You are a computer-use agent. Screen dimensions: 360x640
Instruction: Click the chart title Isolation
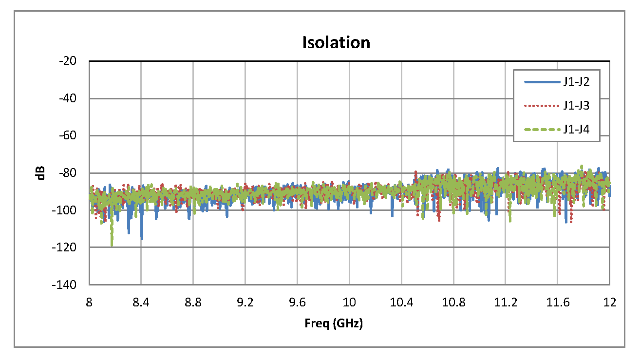336,42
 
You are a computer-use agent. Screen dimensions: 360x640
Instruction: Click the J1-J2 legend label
576,82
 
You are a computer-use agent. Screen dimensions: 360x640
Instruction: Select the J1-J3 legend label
576,106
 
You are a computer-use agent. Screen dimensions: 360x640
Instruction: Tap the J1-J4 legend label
576,130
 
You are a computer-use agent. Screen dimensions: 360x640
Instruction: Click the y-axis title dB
42,173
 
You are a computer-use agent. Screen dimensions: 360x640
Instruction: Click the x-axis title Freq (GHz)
334,323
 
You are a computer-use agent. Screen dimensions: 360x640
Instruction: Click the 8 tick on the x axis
89,303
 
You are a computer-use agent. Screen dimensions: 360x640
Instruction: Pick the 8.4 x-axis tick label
141,303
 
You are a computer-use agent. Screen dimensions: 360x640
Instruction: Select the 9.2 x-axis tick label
245,303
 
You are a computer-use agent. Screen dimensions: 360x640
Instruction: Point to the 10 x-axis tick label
349,303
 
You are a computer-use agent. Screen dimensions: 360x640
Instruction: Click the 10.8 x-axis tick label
453,303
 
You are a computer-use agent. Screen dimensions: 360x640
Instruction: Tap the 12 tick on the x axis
609,303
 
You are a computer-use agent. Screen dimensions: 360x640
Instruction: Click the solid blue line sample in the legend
541,82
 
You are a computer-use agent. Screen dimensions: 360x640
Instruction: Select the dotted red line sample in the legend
541,106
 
